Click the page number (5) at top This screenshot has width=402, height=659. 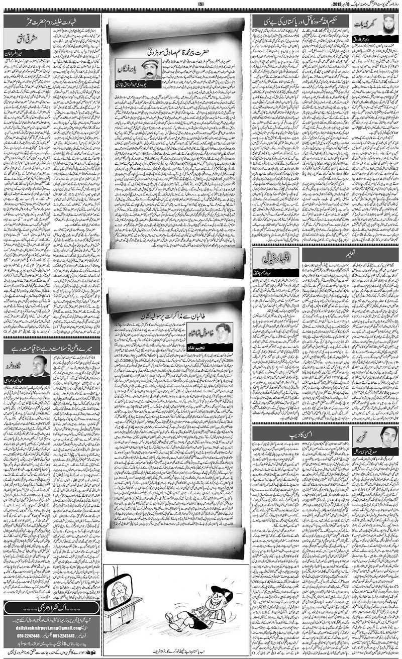click(201, 5)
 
